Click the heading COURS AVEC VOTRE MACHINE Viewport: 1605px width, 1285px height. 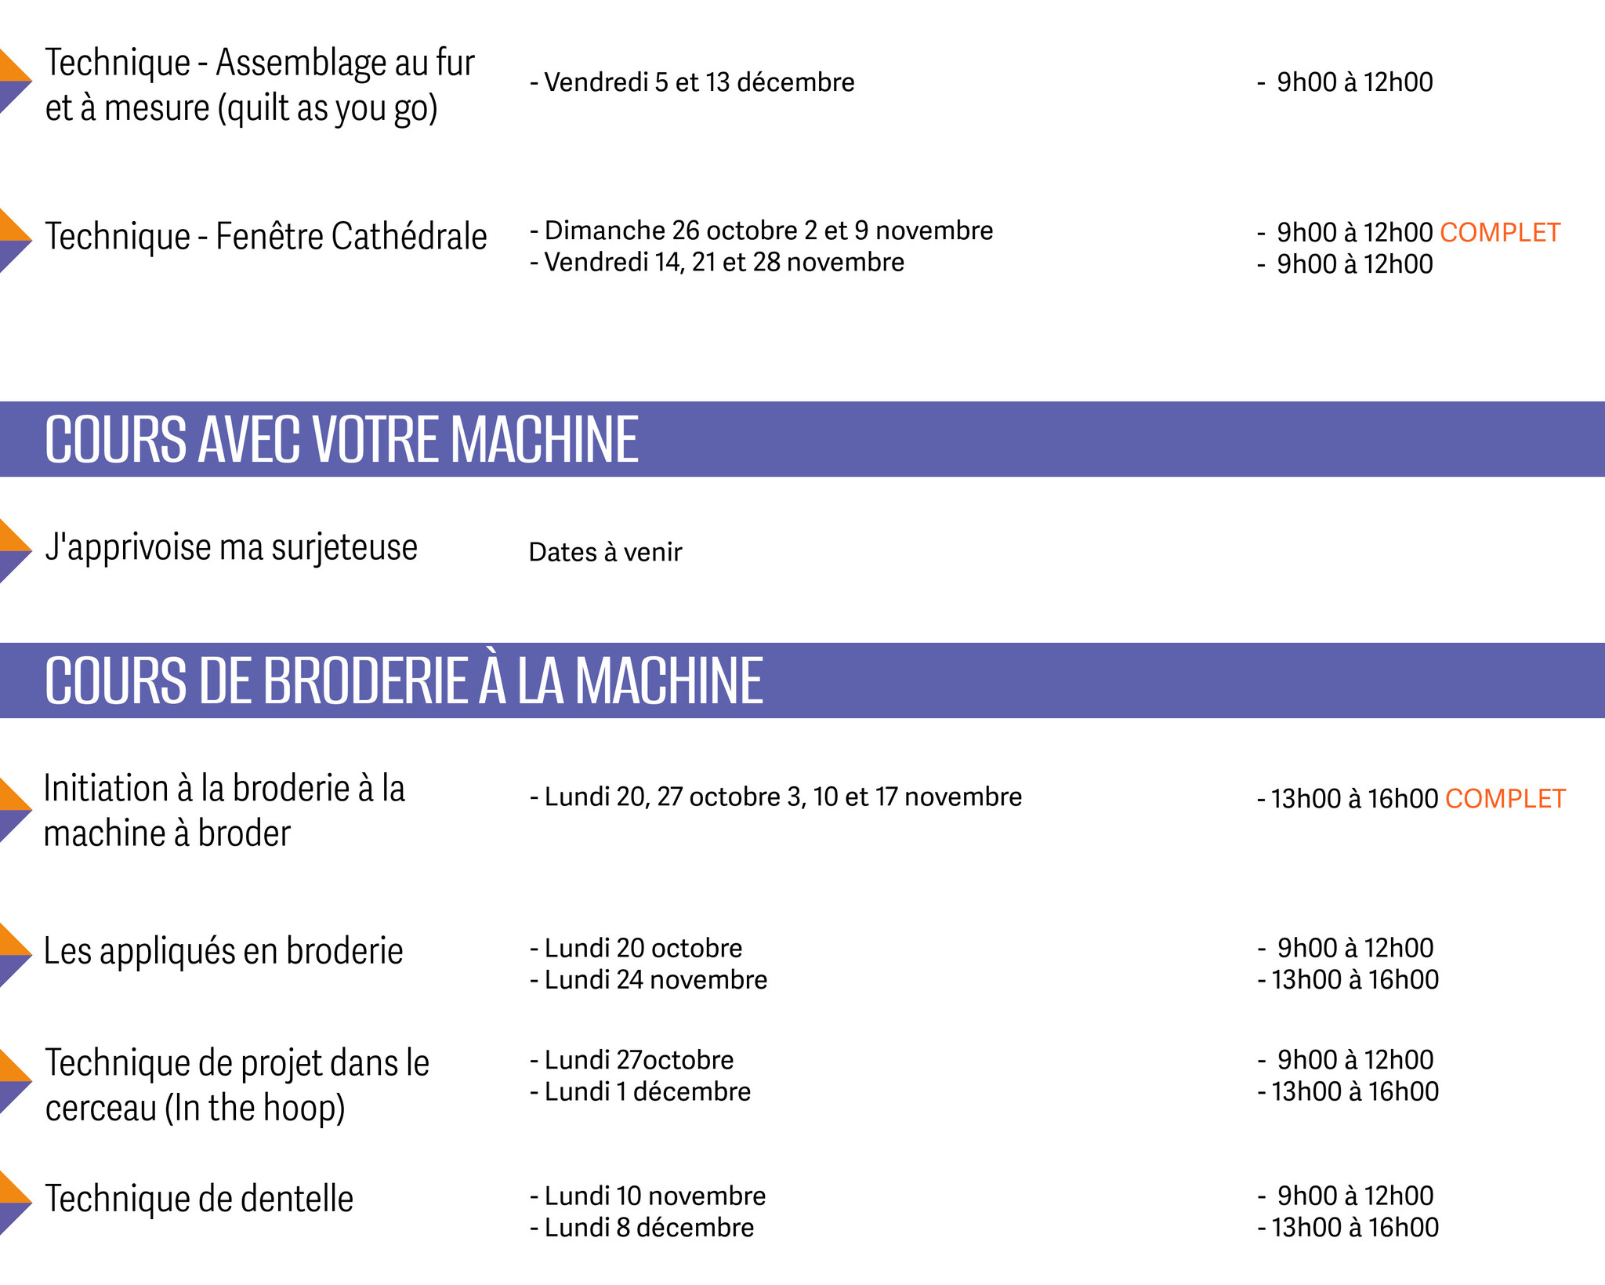point(342,440)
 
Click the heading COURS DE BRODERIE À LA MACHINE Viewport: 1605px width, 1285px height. point(404,681)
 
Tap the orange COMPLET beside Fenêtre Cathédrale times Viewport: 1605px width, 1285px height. point(1500,233)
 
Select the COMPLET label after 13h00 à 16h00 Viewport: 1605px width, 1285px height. point(1505,799)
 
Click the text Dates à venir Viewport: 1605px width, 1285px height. point(605,552)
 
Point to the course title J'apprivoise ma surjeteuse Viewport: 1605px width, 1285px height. point(231,547)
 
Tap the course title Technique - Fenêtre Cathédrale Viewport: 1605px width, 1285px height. point(266,237)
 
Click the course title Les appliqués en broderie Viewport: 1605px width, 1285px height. point(223,951)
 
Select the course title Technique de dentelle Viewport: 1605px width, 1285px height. point(199,1199)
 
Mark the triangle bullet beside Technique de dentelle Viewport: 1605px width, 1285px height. point(13,1203)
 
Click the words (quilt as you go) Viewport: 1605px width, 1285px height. point(328,108)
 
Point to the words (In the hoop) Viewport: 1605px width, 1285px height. point(255,1108)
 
